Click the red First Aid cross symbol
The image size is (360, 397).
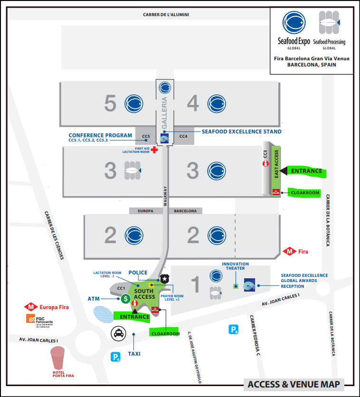tap(154, 149)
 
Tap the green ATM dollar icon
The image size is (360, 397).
tap(125, 299)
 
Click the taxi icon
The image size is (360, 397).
tap(118, 334)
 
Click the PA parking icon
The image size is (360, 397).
tap(115, 357)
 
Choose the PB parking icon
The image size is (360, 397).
tap(234, 330)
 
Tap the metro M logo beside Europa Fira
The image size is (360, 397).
tap(32, 307)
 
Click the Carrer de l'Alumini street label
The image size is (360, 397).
tap(166, 15)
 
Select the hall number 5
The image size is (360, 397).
tap(110, 104)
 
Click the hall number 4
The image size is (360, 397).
tap(193, 104)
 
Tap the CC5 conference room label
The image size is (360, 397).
tap(146, 137)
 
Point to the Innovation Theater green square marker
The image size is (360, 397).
tap(235, 286)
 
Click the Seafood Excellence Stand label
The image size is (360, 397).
tap(242, 132)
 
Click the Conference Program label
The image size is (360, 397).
tap(100, 135)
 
